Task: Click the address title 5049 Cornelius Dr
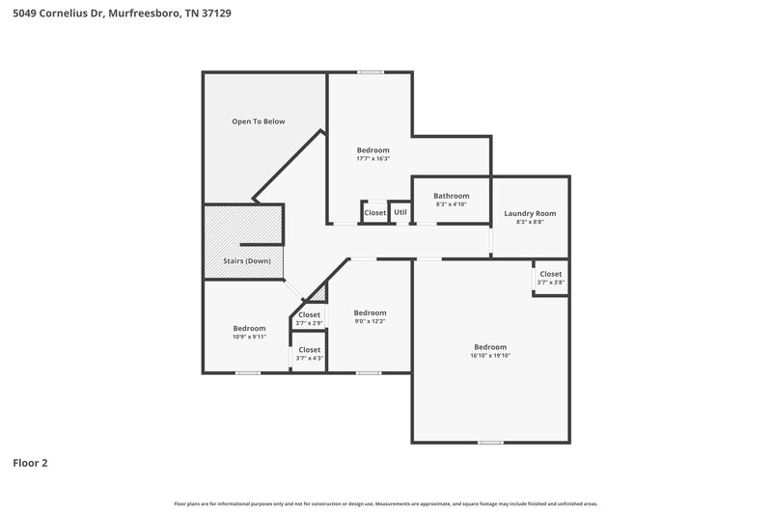[121, 14]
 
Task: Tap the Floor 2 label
[30, 463]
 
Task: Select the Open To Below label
[258, 122]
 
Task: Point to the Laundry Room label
[530, 213]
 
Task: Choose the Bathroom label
[451, 195]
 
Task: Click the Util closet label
[400, 212]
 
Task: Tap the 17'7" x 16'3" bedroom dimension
[372, 159]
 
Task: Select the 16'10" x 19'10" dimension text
[489, 356]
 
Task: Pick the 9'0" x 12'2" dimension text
[370, 322]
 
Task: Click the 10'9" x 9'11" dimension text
[249, 338]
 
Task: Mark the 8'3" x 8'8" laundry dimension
[530, 223]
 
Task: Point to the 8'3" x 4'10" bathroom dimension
[451, 204]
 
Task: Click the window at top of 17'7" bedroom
[370, 72]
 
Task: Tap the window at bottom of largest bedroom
[490, 443]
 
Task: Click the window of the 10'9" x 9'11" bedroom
[248, 372]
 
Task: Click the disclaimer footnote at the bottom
[386, 503]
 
